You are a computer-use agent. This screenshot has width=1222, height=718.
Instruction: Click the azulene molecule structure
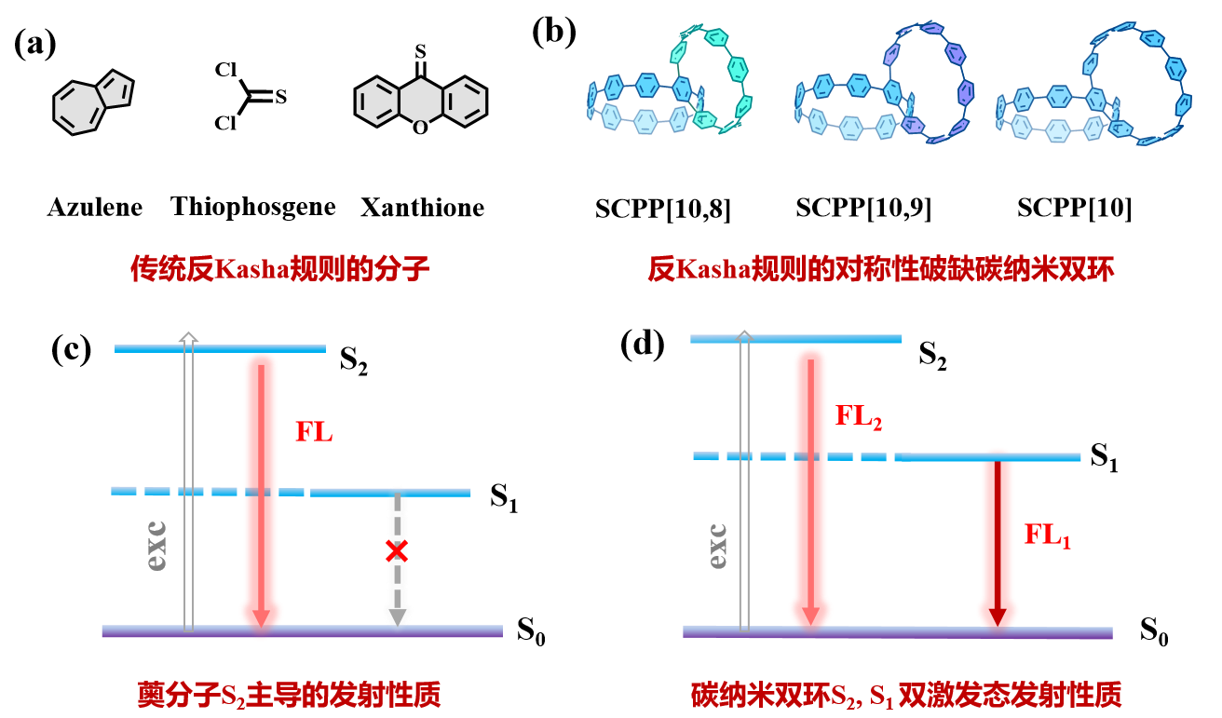(x=92, y=102)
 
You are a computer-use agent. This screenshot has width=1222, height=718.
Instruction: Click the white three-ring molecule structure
(x=420, y=102)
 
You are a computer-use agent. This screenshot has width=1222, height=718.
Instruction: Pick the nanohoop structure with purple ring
(x=884, y=84)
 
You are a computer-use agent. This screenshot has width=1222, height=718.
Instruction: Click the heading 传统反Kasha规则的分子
(x=279, y=269)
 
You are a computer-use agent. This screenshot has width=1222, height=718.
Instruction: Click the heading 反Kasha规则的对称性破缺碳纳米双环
(x=880, y=269)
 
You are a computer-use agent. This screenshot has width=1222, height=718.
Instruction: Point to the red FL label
(x=314, y=432)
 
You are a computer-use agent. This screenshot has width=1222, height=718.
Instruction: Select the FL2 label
(x=858, y=416)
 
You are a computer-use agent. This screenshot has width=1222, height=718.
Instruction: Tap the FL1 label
(x=1047, y=535)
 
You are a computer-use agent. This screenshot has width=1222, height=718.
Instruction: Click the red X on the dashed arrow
(x=397, y=550)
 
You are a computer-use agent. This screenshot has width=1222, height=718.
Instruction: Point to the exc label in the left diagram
(x=156, y=546)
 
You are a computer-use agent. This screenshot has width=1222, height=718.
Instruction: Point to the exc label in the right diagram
(x=717, y=546)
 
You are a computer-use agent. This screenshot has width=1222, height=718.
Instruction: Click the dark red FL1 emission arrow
(x=998, y=540)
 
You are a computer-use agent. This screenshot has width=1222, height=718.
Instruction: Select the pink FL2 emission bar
(x=810, y=484)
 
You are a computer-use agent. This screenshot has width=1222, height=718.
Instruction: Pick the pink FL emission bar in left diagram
(x=261, y=484)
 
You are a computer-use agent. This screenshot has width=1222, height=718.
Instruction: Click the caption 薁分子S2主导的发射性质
(x=289, y=695)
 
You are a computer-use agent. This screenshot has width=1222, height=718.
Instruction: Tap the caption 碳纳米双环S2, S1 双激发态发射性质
(x=905, y=695)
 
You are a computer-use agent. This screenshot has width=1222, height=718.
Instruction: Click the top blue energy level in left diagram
(x=220, y=348)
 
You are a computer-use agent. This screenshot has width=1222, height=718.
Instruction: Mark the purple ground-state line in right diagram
(x=897, y=632)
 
